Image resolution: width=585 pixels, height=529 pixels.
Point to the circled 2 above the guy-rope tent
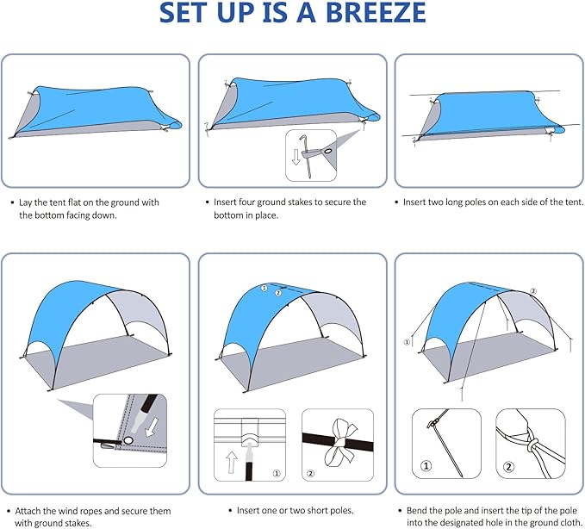pos(534,291)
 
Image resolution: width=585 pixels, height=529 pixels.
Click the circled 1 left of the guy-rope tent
pos(406,341)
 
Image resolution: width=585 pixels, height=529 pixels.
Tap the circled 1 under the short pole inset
pos(276,473)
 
